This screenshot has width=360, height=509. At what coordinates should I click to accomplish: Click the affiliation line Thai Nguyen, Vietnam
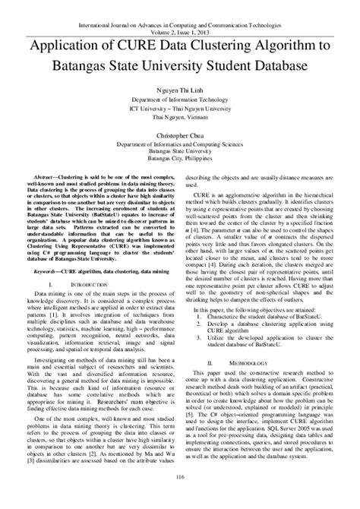pyautogui.click(x=180, y=117)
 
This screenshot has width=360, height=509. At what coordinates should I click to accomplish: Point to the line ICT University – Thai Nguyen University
pyautogui.click(x=180, y=109)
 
